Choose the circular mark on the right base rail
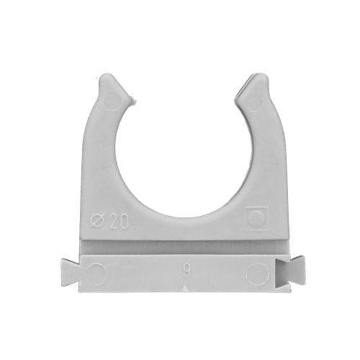click(x=256, y=271)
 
